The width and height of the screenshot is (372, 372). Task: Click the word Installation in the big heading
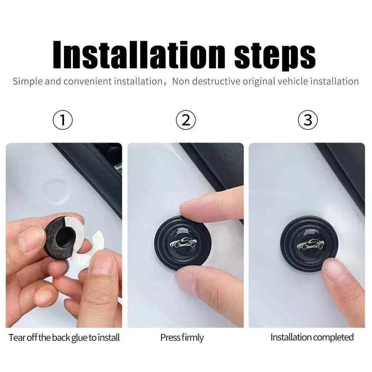pyautogui.click(x=139, y=55)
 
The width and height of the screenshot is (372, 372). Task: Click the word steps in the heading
pyautogui.click(x=275, y=57)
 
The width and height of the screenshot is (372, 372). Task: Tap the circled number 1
pyautogui.click(x=63, y=120)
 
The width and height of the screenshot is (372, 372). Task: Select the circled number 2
pyautogui.click(x=186, y=120)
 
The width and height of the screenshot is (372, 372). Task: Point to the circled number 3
pyautogui.click(x=308, y=120)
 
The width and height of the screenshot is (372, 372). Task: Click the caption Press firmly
pyautogui.click(x=182, y=338)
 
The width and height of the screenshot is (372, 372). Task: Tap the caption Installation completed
pyautogui.click(x=312, y=337)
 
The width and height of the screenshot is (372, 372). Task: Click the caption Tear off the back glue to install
pyautogui.click(x=64, y=338)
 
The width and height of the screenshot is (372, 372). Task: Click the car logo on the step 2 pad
pyautogui.click(x=183, y=243)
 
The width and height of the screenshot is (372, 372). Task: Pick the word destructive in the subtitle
pyautogui.click(x=216, y=81)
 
